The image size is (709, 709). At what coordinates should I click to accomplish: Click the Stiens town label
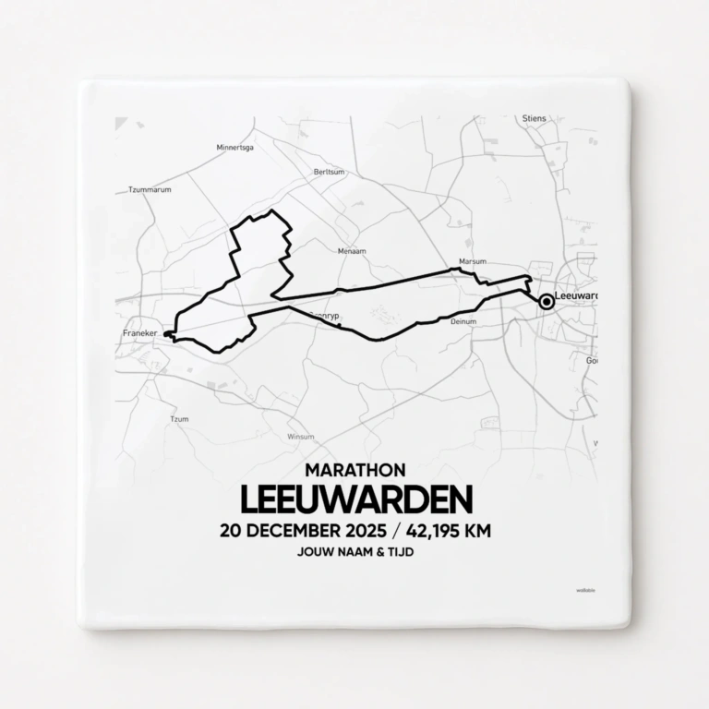[x=534, y=118]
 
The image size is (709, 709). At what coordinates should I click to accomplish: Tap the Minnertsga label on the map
[x=234, y=147]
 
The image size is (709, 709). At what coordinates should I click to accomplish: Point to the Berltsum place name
[x=329, y=172]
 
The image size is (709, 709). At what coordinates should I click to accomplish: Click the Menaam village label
[x=352, y=251]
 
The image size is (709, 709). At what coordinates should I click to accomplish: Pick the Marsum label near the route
[x=472, y=261]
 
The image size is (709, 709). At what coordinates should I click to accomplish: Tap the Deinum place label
[x=463, y=321]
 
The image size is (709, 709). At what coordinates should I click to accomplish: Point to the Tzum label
[x=179, y=420]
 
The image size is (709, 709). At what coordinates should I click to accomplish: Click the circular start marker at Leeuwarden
[x=547, y=301]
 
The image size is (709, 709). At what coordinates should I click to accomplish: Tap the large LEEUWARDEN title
[x=355, y=499]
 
